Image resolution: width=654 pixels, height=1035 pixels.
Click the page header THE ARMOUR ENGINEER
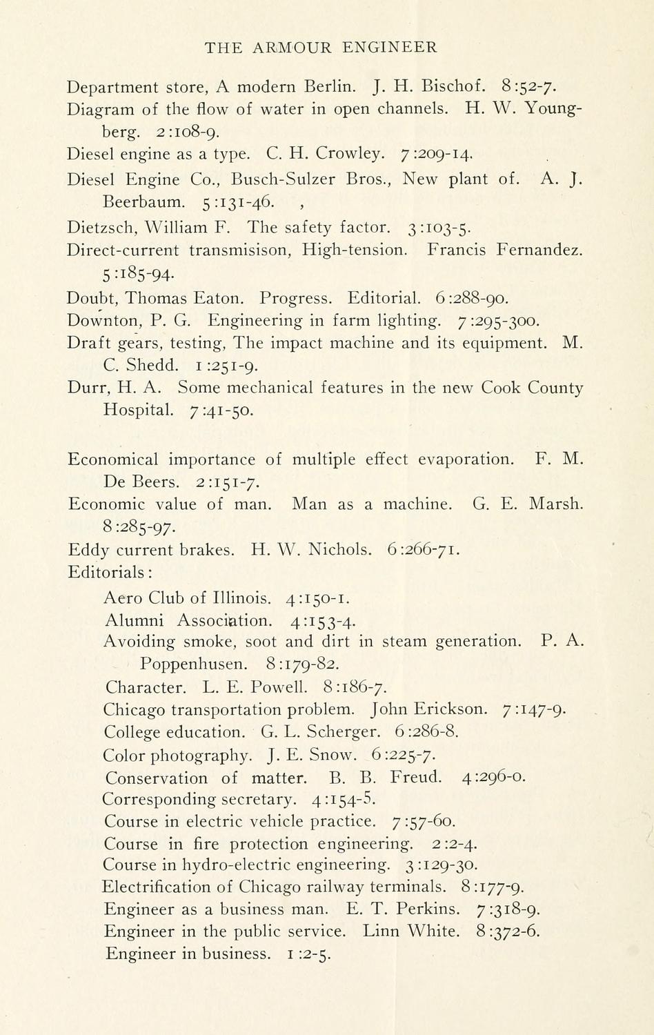click(x=321, y=48)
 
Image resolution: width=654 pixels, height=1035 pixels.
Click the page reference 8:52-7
click(x=530, y=87)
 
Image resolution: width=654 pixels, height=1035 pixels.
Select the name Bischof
click(x=454, y=87)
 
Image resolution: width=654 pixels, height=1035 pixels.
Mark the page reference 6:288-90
click(x=473, y=299)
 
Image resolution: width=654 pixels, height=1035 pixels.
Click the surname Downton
click(x=97, y=321)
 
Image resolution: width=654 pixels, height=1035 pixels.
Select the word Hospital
click(x=139, y=410)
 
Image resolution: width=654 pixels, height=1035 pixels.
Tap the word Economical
click(x=113, y=460)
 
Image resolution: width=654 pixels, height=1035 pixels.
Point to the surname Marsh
click(x=556, y=504)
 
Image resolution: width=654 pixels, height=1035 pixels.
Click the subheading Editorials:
click(x=110, y=572)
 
